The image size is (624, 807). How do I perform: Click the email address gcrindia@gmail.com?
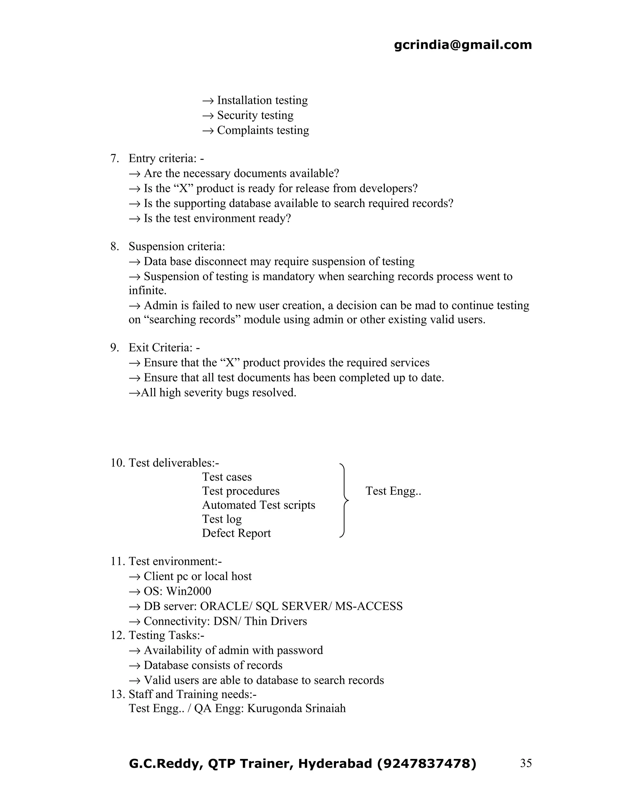(x=463, y=45)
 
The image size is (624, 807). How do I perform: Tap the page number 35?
(x=526, y=763)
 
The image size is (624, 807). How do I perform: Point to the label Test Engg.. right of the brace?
(x=393, y=491)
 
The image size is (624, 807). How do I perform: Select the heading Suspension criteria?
(x=177, y=246)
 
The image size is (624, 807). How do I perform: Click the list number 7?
(x=114, y=159)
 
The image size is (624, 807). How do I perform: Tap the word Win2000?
(x=189, y=591)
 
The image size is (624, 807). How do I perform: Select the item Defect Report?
(x=236, y=533)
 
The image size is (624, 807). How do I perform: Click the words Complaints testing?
(x=263, y=130)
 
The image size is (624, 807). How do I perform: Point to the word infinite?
(x=147, y=291)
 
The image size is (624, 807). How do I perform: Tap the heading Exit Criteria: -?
(x=164, y=348)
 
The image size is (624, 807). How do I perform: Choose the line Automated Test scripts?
(x=258, y=505)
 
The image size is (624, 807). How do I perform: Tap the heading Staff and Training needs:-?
(x=192, y=694)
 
